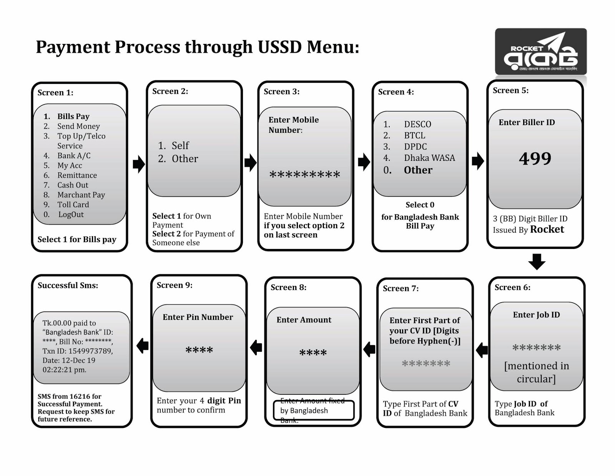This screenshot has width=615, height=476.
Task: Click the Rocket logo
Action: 540,52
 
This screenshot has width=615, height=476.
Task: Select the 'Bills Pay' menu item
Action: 73,116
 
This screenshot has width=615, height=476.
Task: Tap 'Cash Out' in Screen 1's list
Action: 73,185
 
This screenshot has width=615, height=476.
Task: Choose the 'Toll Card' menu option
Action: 73,205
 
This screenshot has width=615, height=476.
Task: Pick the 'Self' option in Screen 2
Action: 180,145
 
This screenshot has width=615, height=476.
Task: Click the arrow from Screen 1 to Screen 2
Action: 138,164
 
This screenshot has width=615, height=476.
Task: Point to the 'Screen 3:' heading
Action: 281,92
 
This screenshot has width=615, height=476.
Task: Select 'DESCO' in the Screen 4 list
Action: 417,124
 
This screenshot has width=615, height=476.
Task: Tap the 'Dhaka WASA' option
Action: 429,158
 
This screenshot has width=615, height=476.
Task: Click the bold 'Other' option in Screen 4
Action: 418,170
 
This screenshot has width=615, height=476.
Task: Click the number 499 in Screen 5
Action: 535,159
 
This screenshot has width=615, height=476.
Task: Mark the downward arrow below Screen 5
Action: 537,261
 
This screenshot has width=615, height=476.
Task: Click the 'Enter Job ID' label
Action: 536,315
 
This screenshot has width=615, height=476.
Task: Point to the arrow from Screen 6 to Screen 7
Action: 482,350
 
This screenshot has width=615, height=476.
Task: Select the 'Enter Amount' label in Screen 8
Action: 304,320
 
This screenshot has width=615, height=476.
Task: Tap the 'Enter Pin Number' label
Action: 198,317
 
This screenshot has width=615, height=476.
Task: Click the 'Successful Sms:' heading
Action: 68,286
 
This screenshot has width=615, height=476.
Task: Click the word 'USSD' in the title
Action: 279,47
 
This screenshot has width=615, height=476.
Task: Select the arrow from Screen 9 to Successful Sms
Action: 143,346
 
